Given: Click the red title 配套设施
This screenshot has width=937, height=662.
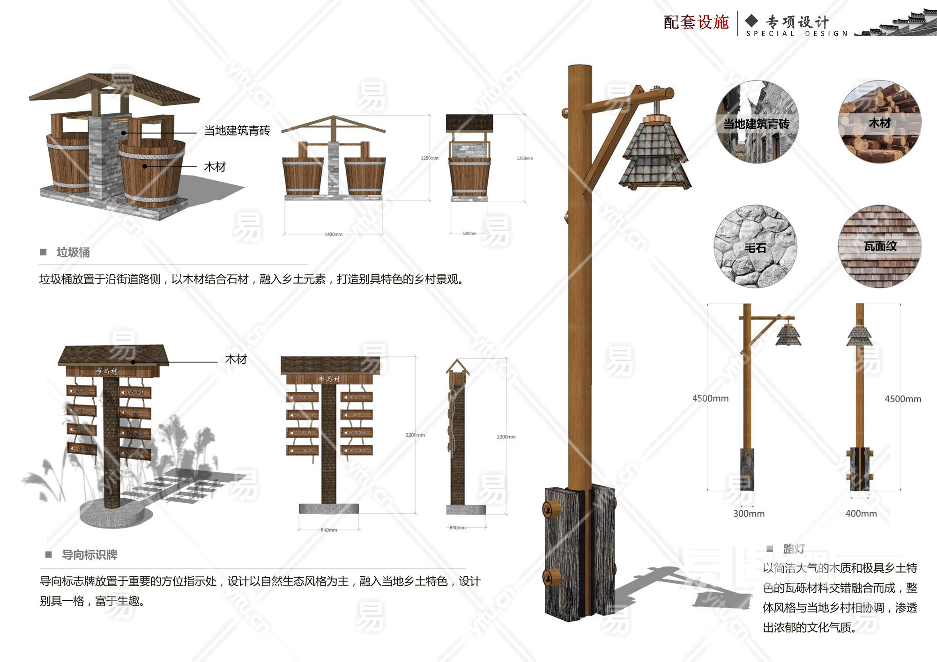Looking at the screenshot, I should click(x=696, y=22).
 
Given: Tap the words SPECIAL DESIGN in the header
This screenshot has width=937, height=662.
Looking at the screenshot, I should click(x=797, y=34).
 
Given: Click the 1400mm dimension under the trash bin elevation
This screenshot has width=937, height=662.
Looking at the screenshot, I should click(x=333, y=234).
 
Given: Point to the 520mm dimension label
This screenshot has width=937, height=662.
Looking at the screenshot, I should click(x=469, y=233).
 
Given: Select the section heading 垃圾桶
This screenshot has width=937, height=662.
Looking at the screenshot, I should click(x=73, y=252).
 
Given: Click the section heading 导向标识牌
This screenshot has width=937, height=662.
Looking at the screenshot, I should click(x=89, y=555).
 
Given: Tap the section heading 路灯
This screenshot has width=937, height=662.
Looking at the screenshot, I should click(x=794, y=549).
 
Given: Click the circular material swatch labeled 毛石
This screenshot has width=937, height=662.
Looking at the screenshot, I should click(x=755, y=246).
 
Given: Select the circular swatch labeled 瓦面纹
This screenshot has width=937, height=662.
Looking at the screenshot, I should click(x=879, y=246).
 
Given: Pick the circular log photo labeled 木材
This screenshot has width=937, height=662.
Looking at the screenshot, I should click(x=879, y=122).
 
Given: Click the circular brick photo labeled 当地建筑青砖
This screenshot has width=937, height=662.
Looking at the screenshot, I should click(x=757, y=122).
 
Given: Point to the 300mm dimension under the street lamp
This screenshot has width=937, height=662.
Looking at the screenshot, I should click(x=749, y=514).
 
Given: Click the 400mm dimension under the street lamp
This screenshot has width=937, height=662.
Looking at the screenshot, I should click(x=861, y=514).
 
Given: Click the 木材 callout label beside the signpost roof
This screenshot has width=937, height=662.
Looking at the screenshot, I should click(x=236, y=359).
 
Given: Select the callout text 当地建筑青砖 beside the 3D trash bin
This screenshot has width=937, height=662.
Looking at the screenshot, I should click(x=237, y=131).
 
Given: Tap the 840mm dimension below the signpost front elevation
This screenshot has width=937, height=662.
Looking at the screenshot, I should click(x=328, y=530).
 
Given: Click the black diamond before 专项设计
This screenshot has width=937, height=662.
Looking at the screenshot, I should click(x=751, y=20).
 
